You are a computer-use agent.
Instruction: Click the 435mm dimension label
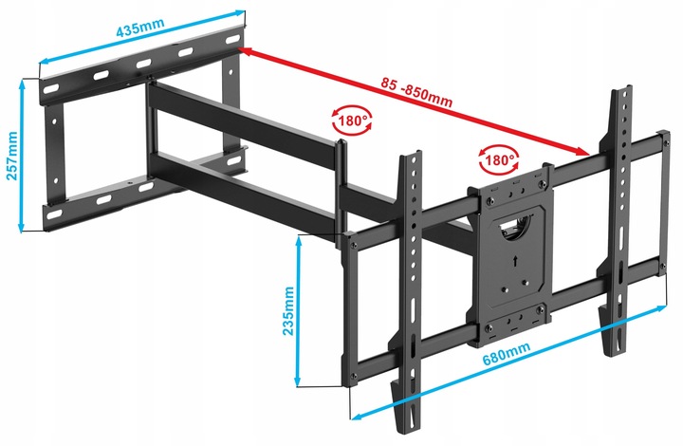click(x=140, y=28)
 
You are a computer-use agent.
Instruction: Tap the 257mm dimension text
click(x=11, y=156)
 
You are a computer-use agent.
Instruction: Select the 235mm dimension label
click(x=288, y=310)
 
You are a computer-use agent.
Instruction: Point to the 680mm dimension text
click(x=507, y=354)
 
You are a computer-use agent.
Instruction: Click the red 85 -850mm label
click(x=416, y=92)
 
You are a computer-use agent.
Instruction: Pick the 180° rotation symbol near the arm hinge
click(x=352, y=121)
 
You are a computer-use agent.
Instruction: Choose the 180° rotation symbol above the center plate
click(x=499, y=159)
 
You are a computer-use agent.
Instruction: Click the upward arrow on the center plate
click(x=516, y=260)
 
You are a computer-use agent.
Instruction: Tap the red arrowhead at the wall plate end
click(x=245, y=52)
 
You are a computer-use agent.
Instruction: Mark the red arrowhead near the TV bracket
click(x=583, y=151)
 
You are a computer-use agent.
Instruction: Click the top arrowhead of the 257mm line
click(x=22, y=84)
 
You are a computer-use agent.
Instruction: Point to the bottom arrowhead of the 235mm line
click(x=298, y=382)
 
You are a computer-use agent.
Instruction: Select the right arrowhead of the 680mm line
click(x=662, y=308)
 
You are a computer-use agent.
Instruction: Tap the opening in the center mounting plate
click(x=517, y=226)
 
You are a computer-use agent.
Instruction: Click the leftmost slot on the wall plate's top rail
click(x=50, y=89)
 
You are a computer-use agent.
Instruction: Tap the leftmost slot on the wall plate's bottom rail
click(x=54, y=214)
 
